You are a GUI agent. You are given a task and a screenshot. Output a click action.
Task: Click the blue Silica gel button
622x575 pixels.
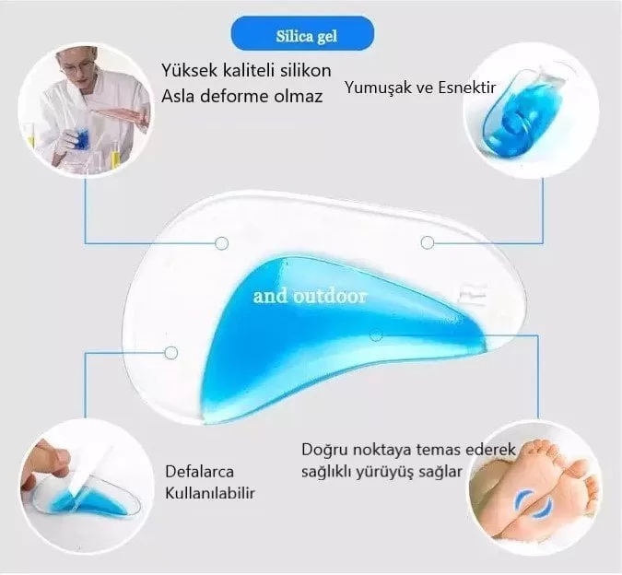pos(302,34)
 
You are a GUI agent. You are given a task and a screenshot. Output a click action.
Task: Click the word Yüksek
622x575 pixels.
pos(189,71)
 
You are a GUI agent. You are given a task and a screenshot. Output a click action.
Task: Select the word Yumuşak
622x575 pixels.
pos(378,88)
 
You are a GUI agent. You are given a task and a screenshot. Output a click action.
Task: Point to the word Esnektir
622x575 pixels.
pos(466,88)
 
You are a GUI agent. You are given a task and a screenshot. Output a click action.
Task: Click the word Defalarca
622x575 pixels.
pos(200,472)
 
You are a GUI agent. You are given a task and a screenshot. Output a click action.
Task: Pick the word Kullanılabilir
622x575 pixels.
pos(210,493)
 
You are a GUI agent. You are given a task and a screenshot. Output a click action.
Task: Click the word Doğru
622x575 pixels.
pos(324,450)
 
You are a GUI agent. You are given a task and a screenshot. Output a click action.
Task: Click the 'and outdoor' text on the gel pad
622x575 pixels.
pos(310,296)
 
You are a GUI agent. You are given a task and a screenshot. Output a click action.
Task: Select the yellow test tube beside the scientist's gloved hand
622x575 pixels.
pos(116,155)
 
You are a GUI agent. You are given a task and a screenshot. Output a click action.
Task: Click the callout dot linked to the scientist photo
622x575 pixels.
pos(222,243)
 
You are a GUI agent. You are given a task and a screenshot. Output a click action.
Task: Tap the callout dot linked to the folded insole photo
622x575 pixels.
pos(428,242)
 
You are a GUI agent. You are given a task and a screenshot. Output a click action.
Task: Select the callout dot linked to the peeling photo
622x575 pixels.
pos(171,352)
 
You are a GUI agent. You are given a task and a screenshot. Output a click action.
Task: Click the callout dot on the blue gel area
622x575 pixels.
pos(376,335)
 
